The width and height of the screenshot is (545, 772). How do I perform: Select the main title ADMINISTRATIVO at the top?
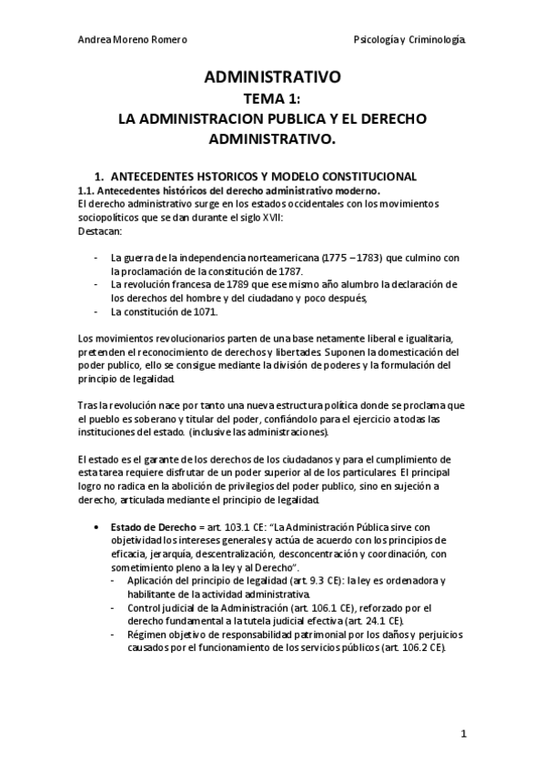(x=272, y=79)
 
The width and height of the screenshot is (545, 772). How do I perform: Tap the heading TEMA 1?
(x=272, y=99)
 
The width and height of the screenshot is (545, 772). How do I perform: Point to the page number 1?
(x=463, y=733)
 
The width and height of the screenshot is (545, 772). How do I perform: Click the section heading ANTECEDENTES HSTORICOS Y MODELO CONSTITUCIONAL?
(x=268, y=176)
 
